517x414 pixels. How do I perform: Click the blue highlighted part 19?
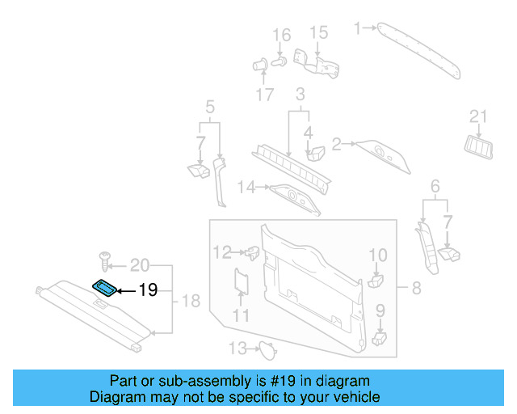pyautogui.click(x=104, y=287)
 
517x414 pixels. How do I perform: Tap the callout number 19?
pyautogui.click(x=148, y=289)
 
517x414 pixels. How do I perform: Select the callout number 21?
pyautogui.click(x=479, y=117)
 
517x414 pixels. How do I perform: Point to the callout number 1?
pyautogui.click(x=358, y=28)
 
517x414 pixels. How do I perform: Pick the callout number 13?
pyautogui.click(x=235, y=349)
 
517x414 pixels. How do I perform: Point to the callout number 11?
pyautogui.click(x=242, y=315)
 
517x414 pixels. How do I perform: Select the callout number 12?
pyautogui.click(x=221, y=251)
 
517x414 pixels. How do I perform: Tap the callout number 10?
pyautogui.click(x=378, y=256)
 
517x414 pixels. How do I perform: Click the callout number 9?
pyautogui.click(x=380, y=309)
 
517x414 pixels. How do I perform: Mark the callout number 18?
pyautogui.click(x=190, y=302)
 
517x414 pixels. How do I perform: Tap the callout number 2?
pyautogui.click(x=337, y=144)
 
